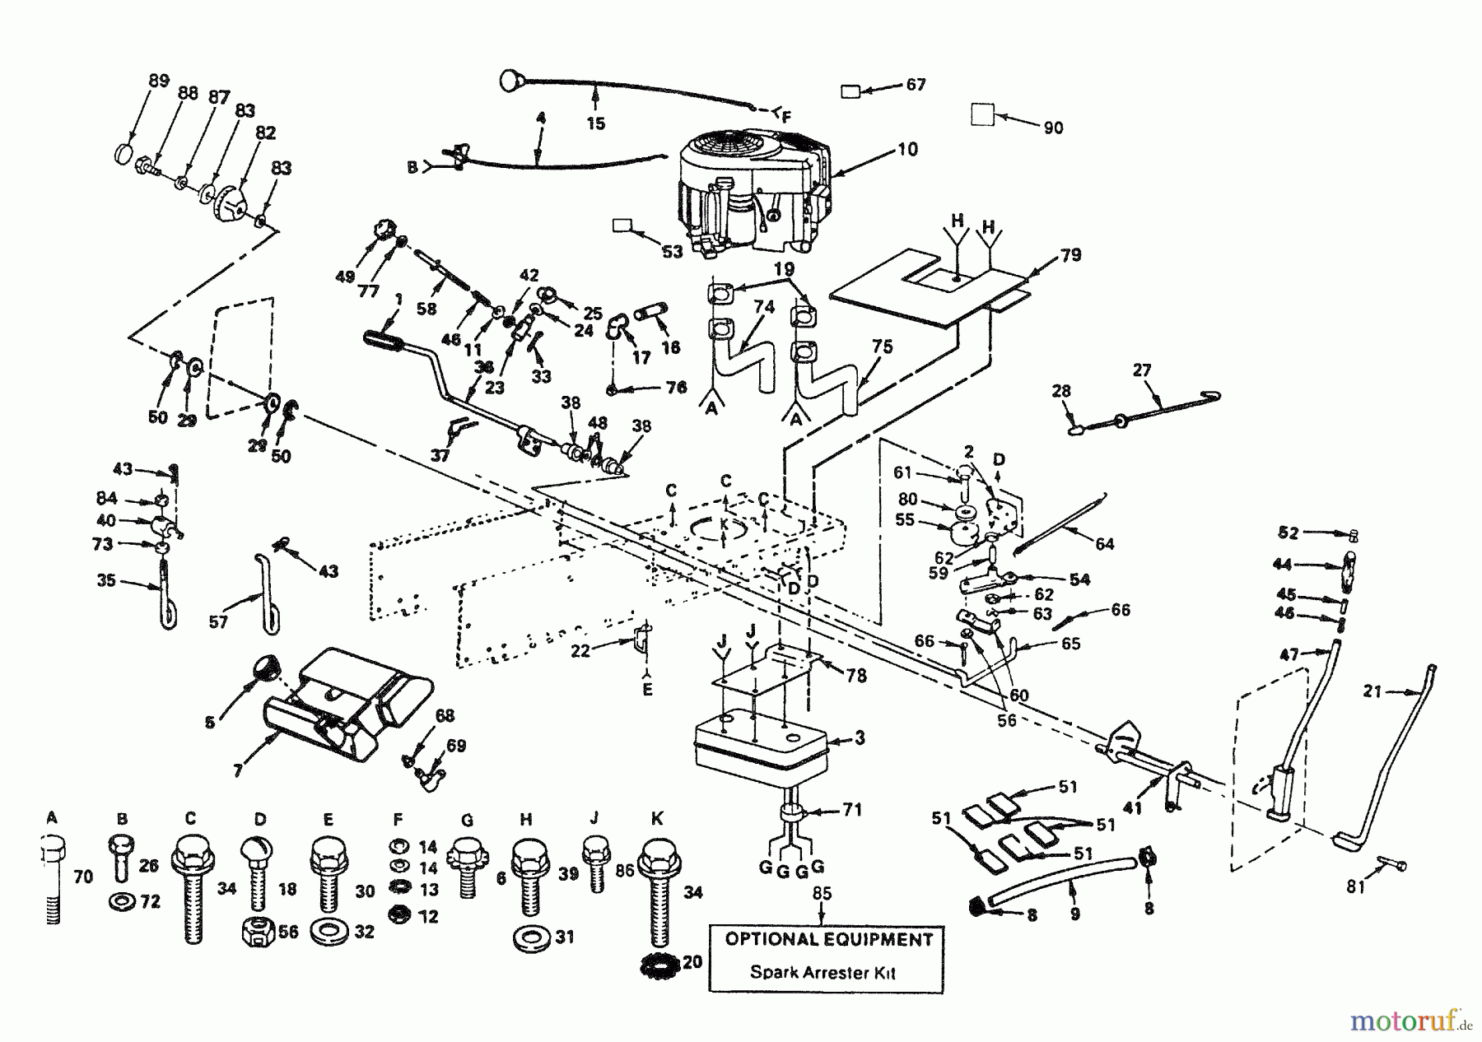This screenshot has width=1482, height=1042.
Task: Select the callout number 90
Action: pyautogui.click(x=1053, y=128)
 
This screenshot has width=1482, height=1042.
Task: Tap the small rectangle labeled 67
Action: pyautogui.click(x=851, y=92)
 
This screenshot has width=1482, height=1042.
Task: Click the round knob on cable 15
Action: pyautogui.click(x=511, y=81)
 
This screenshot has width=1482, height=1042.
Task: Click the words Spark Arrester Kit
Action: pyautogui.click(x=823, y=972)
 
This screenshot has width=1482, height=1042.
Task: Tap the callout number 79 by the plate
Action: pyautogui.click(x=1070, y=255)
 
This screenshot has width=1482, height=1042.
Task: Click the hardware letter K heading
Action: pyautogui.click(x=657, y=819)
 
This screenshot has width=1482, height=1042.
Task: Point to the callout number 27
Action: pyautogui.click(x=1141, y=370)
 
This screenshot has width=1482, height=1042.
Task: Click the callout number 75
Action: pyautogui.click(x=882, y=347)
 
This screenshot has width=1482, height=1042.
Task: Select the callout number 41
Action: pyautogui.click(x=1133, y=808)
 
